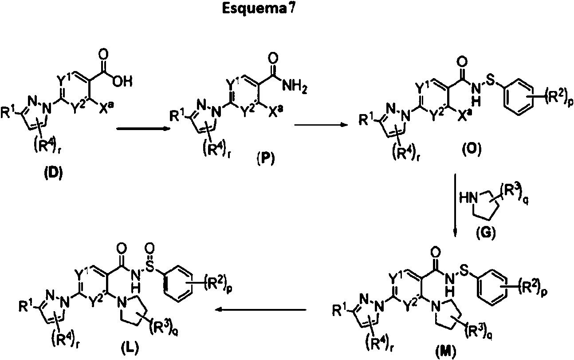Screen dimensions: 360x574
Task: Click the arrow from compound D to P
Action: click(x=144, y=129)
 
